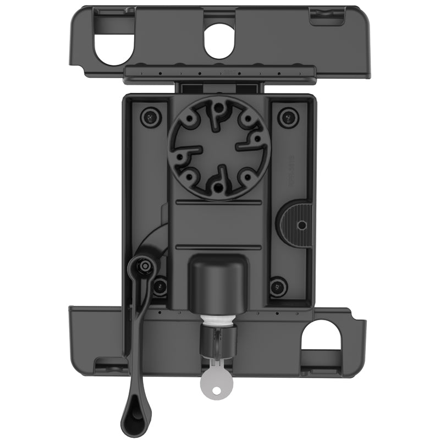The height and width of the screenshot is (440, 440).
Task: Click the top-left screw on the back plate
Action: [x=148, y=116]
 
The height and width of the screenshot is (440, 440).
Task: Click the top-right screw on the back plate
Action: [x=288, y=116]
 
